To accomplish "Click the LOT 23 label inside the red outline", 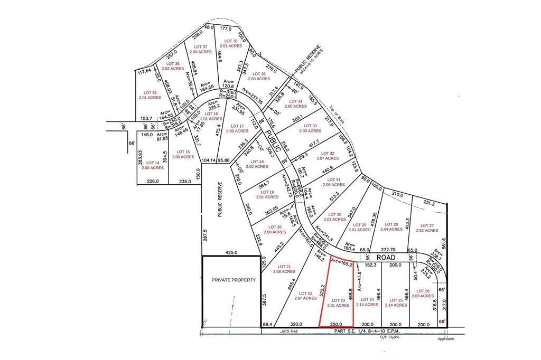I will [x=339, y=302].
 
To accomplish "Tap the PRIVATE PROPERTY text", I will [x=234, y=280].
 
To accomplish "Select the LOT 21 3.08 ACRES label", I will [x=284, y=269].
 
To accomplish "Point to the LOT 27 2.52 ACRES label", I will [x=427, y=228].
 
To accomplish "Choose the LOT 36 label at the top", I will [x=231, y=43].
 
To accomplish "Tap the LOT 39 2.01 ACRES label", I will [x=150, y=95].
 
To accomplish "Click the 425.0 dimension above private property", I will [x=232, y=252].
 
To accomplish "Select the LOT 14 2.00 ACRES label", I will [x=153, y=165].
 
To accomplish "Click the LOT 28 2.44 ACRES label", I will [x=391, y=227].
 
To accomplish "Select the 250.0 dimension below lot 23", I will [x=337, y=325].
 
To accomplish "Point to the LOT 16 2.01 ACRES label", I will [x=211, y=116].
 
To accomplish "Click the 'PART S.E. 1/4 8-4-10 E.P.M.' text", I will [x=367, y=331].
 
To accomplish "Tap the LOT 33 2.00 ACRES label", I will [x=310, y=128].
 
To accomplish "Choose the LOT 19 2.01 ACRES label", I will [x=267, y=194].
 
